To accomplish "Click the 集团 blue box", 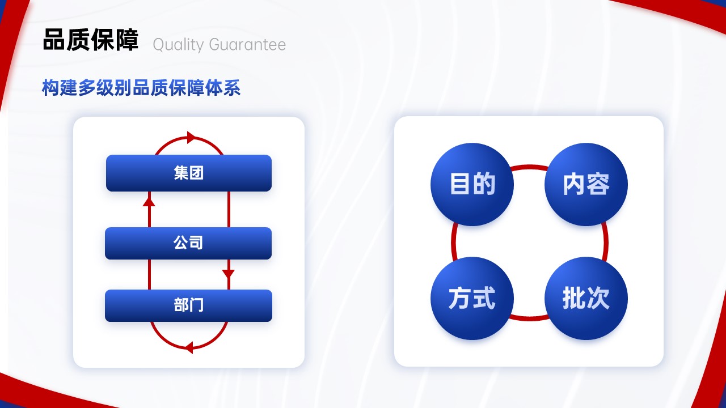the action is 189,173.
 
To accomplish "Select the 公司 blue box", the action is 188,243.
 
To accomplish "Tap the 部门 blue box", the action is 188,305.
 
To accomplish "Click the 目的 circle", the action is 472,184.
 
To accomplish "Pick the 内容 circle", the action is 586,184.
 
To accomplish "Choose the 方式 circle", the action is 472,298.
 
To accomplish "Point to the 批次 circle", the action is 586,298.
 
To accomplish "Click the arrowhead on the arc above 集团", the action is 192,137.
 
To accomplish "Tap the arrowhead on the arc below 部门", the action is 189,348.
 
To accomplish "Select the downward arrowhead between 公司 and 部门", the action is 229,274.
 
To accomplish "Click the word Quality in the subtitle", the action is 178,45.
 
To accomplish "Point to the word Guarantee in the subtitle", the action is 247,45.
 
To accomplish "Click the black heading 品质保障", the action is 90,40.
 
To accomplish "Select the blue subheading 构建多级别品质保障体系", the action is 141,88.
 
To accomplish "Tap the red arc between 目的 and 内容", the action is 529,167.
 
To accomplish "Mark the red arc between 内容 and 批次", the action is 605,241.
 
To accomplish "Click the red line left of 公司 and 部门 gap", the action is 149,274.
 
